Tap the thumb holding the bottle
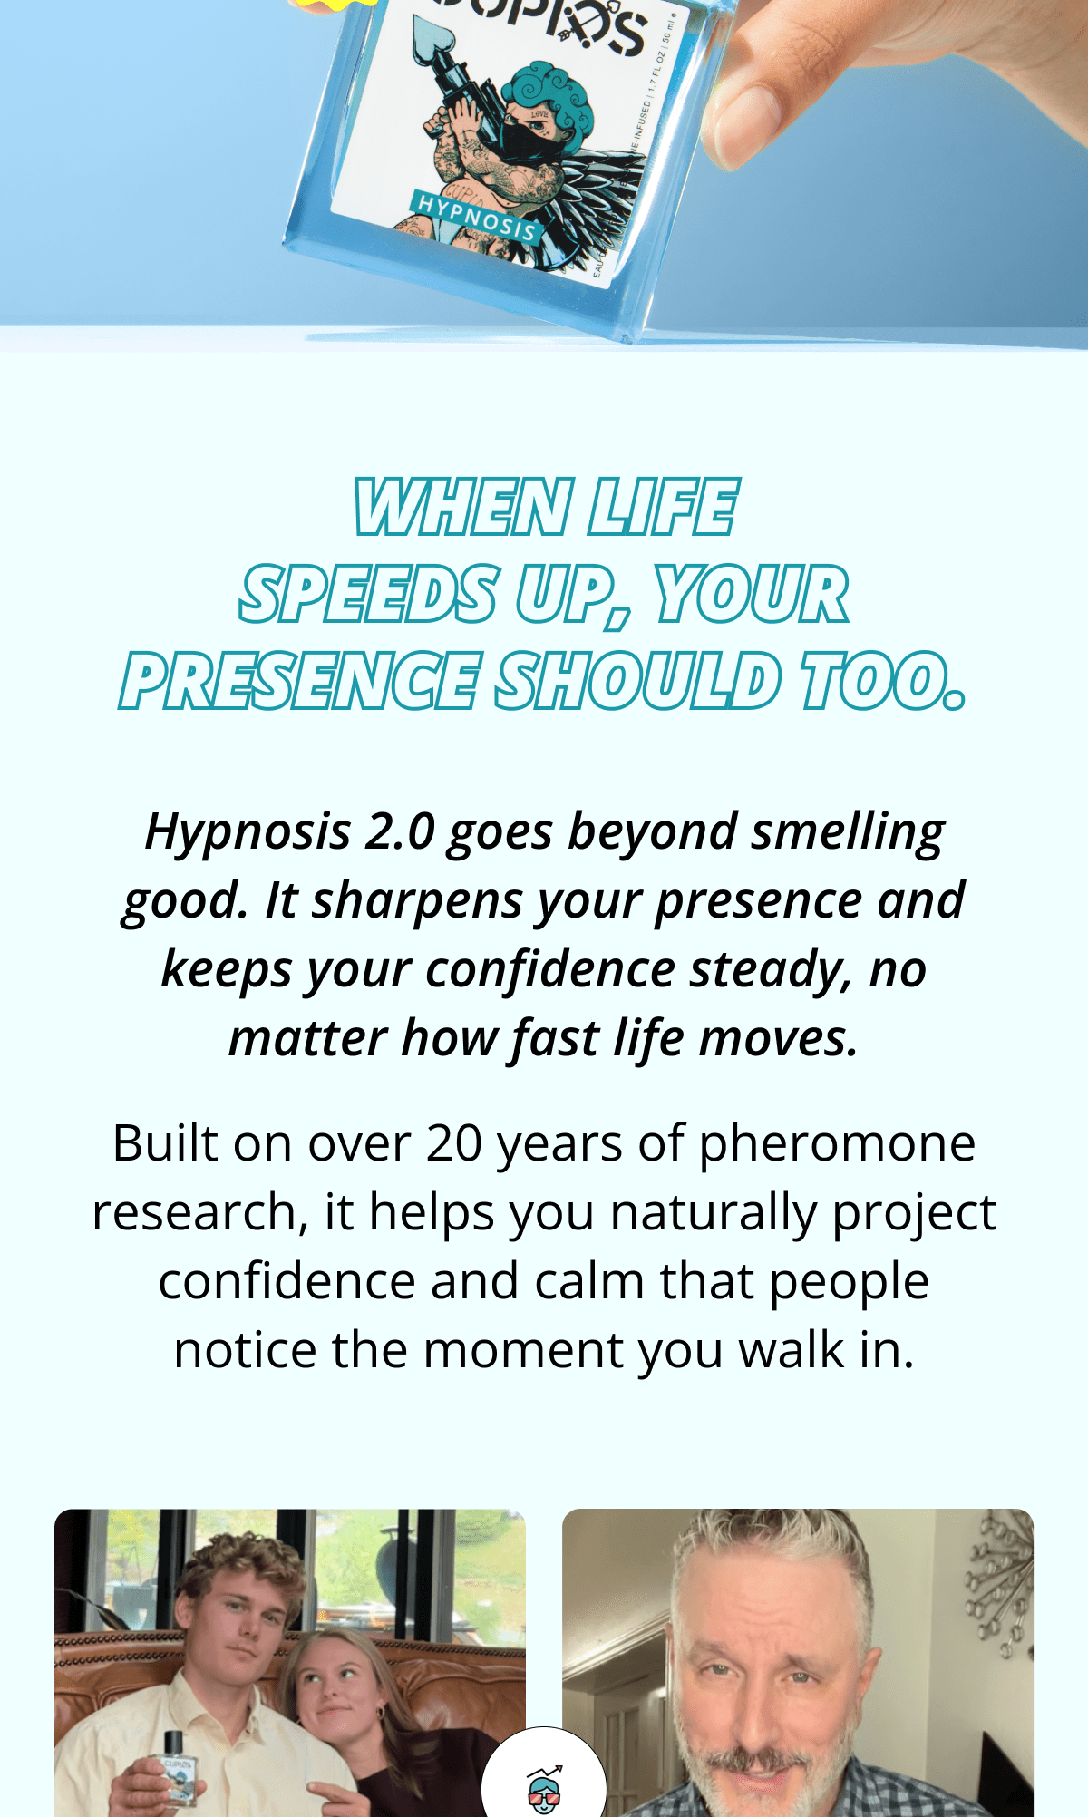(x=752, y=118)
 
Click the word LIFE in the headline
(x=663, y=508)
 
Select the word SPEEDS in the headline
(x=368, y=595)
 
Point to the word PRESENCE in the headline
(x=299, y=682)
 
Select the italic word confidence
(x=550, y=969)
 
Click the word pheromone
(x=836, y=1143)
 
